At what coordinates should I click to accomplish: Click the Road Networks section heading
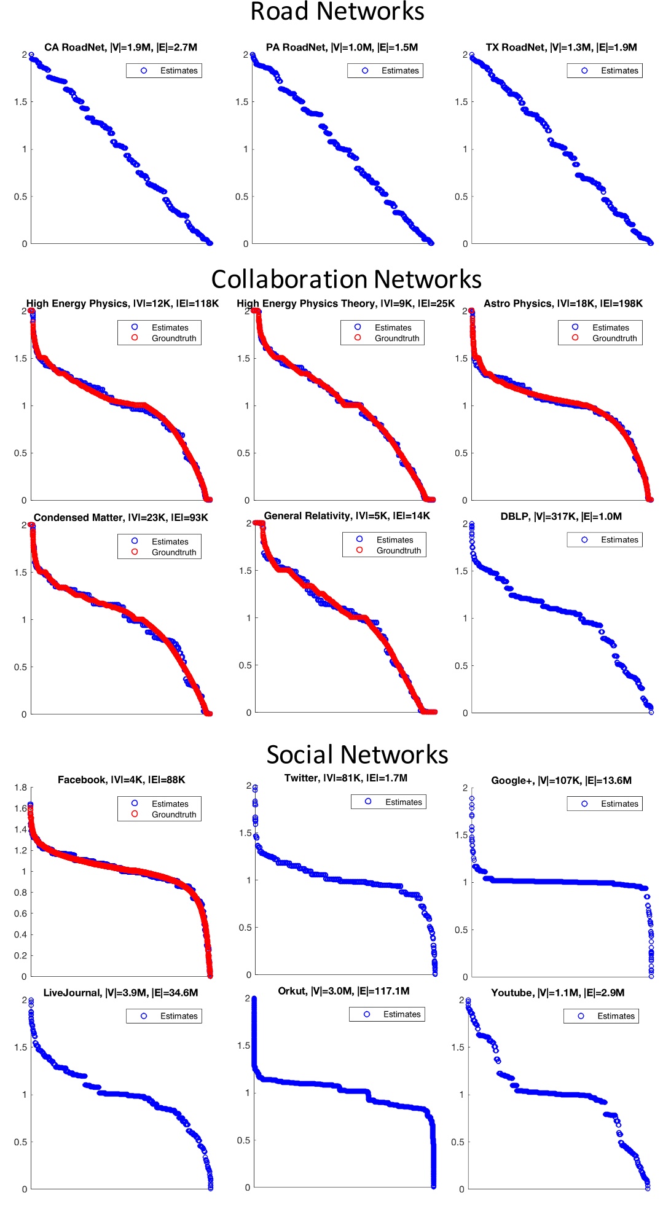(x=337, y=12)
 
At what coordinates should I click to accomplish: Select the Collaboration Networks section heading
(x=346, y=280)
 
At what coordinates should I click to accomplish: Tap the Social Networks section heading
(x=357, y=755)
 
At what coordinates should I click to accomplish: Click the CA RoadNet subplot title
(x=120, y=47)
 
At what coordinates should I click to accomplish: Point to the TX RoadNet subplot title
(x=561, y=47)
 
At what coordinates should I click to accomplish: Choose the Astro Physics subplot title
(x=563, y=303)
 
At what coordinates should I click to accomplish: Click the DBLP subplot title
(x=561, y=517)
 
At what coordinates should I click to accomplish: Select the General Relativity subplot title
(x=347, y=516)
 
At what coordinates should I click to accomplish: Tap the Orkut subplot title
(x=343, y=992)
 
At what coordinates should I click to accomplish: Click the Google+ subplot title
(x=561, y=781)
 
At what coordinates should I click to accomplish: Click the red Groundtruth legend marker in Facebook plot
(x=135, y=814)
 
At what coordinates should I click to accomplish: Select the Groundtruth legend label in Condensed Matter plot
(x=174, y=552)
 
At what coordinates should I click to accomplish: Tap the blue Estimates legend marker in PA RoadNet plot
(x=365, y=71)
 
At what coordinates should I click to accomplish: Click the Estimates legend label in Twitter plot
(x=403, y=802)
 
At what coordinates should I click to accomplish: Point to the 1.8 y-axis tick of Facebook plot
(x=20, y=788)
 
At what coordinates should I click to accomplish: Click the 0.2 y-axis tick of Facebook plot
(x=20, y=956)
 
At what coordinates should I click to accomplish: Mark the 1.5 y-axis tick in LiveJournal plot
(x=20, y=1047)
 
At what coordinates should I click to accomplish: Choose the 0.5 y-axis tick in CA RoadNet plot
(x=20, y=197)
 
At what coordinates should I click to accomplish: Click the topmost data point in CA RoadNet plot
(x=31, y=55)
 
